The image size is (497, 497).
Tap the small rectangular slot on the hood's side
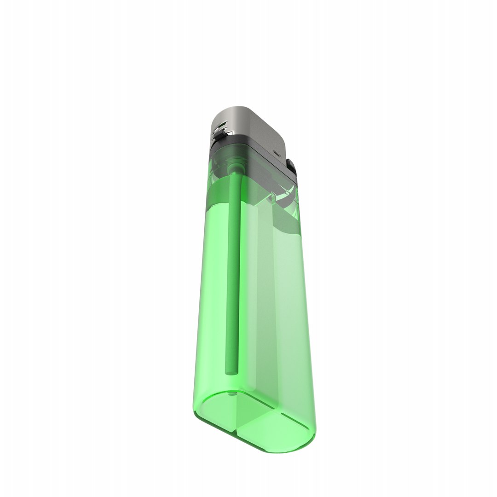(x=277, y=153)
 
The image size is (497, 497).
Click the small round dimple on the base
(x=231, y=395)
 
